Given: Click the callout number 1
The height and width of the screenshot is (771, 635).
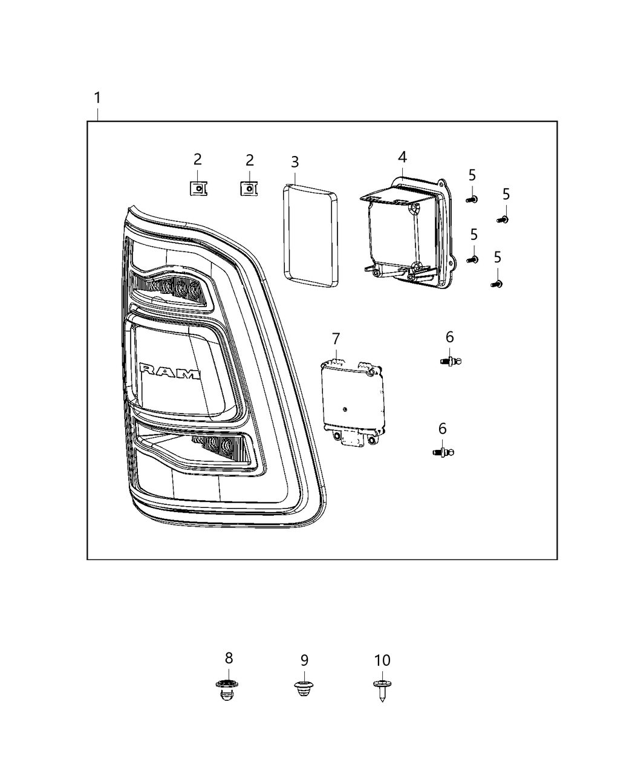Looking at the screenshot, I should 97,97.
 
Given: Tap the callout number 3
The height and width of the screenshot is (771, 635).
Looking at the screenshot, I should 295,162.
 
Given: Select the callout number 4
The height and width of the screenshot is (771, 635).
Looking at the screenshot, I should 402,157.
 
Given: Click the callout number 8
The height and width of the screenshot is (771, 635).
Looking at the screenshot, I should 229,658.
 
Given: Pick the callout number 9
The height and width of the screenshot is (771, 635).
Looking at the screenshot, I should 304,660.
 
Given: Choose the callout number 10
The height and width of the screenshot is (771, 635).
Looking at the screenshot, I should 382,660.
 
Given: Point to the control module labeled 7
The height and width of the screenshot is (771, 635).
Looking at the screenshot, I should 351,402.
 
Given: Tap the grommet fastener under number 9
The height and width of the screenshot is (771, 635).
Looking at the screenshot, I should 304,688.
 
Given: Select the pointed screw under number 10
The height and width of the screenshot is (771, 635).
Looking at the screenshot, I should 381,689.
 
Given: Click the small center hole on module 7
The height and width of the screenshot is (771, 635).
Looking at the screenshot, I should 344,410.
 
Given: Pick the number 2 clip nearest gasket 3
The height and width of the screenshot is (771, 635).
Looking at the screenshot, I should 248,189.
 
